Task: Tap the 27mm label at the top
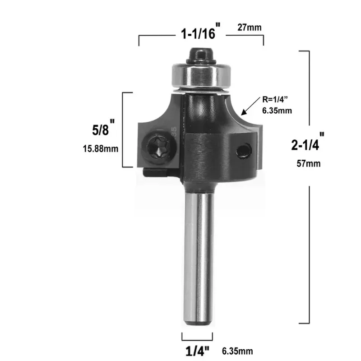[x=250, y=28]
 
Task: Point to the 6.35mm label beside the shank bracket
[x=237, y=351]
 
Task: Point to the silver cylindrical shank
[x=198, y=253]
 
